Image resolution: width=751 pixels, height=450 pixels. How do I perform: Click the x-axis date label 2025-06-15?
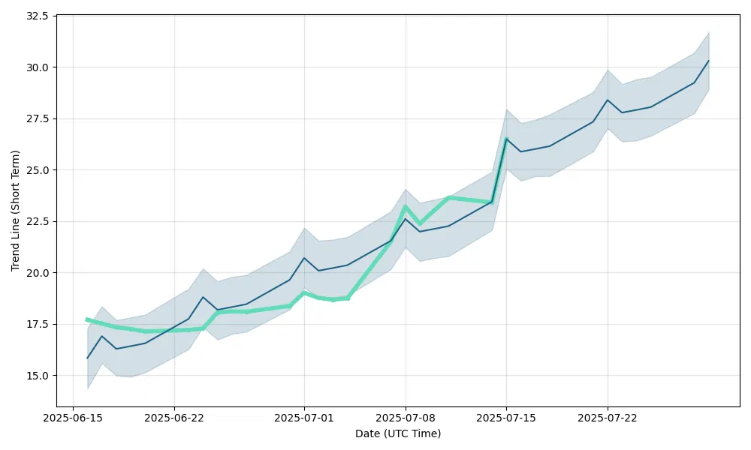point(73,417)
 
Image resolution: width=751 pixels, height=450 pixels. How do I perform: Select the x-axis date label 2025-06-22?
point(174,417)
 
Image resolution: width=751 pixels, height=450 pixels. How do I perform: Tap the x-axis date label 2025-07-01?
point(304,417)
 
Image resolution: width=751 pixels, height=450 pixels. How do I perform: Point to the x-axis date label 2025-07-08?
point(406,417)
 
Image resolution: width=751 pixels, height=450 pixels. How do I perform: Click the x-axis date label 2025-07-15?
point(506,417)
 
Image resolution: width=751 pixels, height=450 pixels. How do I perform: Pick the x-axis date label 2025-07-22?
point(608,417)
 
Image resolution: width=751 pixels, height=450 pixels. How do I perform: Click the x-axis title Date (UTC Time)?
point(398,433)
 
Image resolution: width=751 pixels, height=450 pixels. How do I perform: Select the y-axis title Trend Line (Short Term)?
point(15,211)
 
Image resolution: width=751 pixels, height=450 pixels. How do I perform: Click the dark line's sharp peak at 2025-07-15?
point(506,139)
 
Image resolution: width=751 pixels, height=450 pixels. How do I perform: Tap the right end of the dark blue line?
point(709,61)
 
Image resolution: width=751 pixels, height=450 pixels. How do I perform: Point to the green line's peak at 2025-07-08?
point(406,206)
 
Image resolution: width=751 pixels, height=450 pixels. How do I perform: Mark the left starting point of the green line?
point(87,319)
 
